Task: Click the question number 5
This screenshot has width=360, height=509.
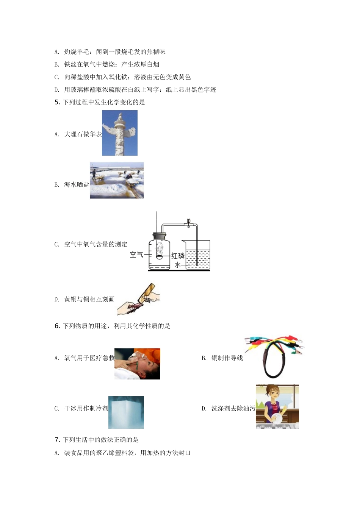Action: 57,102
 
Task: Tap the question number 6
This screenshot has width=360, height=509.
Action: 57,326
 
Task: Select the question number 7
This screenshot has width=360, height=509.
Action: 57,440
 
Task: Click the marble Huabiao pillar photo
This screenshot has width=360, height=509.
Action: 120,133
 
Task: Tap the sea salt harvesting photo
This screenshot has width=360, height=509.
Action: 117,180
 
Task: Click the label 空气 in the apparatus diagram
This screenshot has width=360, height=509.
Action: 136,254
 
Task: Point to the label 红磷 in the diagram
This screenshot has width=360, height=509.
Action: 178,256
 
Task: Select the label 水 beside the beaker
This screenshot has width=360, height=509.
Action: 177,265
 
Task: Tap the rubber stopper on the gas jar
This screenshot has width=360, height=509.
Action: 159,236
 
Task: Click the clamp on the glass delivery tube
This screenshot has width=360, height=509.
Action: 189,223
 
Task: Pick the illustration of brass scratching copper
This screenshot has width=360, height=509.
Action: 138,299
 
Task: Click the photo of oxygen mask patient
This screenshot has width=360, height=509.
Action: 137,364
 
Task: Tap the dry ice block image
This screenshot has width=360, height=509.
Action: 126,412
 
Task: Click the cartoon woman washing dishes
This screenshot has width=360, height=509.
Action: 277,406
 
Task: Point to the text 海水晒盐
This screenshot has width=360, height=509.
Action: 77,184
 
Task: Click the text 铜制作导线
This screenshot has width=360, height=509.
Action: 227,358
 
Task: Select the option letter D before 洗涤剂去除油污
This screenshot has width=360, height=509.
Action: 204,409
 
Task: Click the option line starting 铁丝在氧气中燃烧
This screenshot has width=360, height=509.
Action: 107,64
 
